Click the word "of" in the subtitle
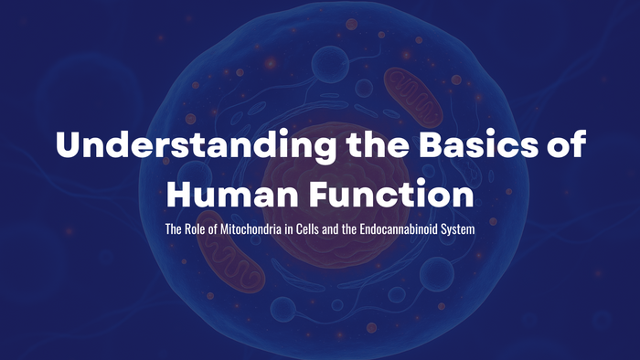[215, 227]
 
